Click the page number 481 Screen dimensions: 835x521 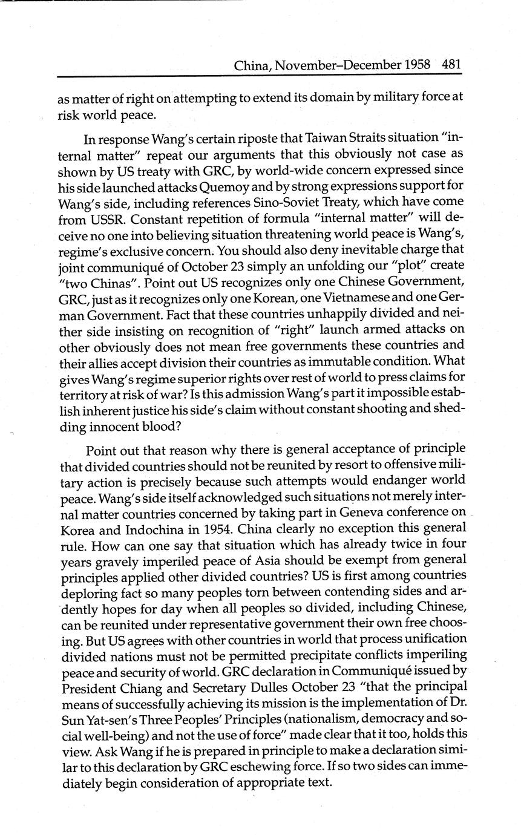click(x=451, y=65)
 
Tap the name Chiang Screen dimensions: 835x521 click(x=149, y=687)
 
